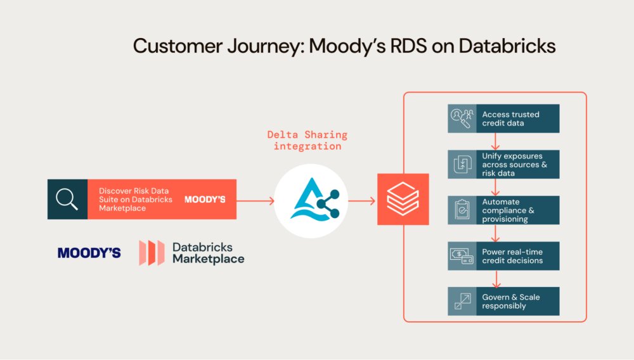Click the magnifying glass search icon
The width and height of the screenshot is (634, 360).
(x=67, y=199)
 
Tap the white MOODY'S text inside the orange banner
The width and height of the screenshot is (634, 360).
(x=205, y=199)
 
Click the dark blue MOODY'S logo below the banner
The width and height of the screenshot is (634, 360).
(x=89, y=253)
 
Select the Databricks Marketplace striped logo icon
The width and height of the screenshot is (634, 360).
(x=152, y=253)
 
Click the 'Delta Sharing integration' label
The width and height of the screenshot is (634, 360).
(x=307, y=140)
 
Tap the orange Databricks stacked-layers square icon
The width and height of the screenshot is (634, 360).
(x=403, y=199)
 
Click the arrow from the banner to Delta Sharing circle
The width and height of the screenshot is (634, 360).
(x=255, y=201)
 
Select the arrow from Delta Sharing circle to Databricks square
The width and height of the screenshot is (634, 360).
(x=361, y=201)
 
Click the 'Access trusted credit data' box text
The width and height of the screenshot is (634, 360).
(x=510, y=119)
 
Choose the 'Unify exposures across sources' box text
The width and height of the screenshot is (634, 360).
(x=514, y=164)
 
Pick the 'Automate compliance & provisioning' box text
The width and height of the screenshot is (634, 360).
(x=510, y=210)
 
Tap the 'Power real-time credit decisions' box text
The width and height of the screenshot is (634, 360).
(x=512, y=256)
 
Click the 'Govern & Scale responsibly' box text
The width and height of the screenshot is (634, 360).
(x=511, y=302)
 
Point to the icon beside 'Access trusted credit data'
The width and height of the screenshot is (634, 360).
(x=462, y=119)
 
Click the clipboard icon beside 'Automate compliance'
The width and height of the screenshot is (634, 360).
(x=462, y=210)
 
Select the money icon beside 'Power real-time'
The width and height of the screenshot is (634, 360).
(x=462, y=256)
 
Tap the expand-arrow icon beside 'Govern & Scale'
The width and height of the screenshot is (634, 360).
(x=462, y=302)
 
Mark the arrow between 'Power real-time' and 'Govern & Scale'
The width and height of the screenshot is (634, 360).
(x=496, y=278)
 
